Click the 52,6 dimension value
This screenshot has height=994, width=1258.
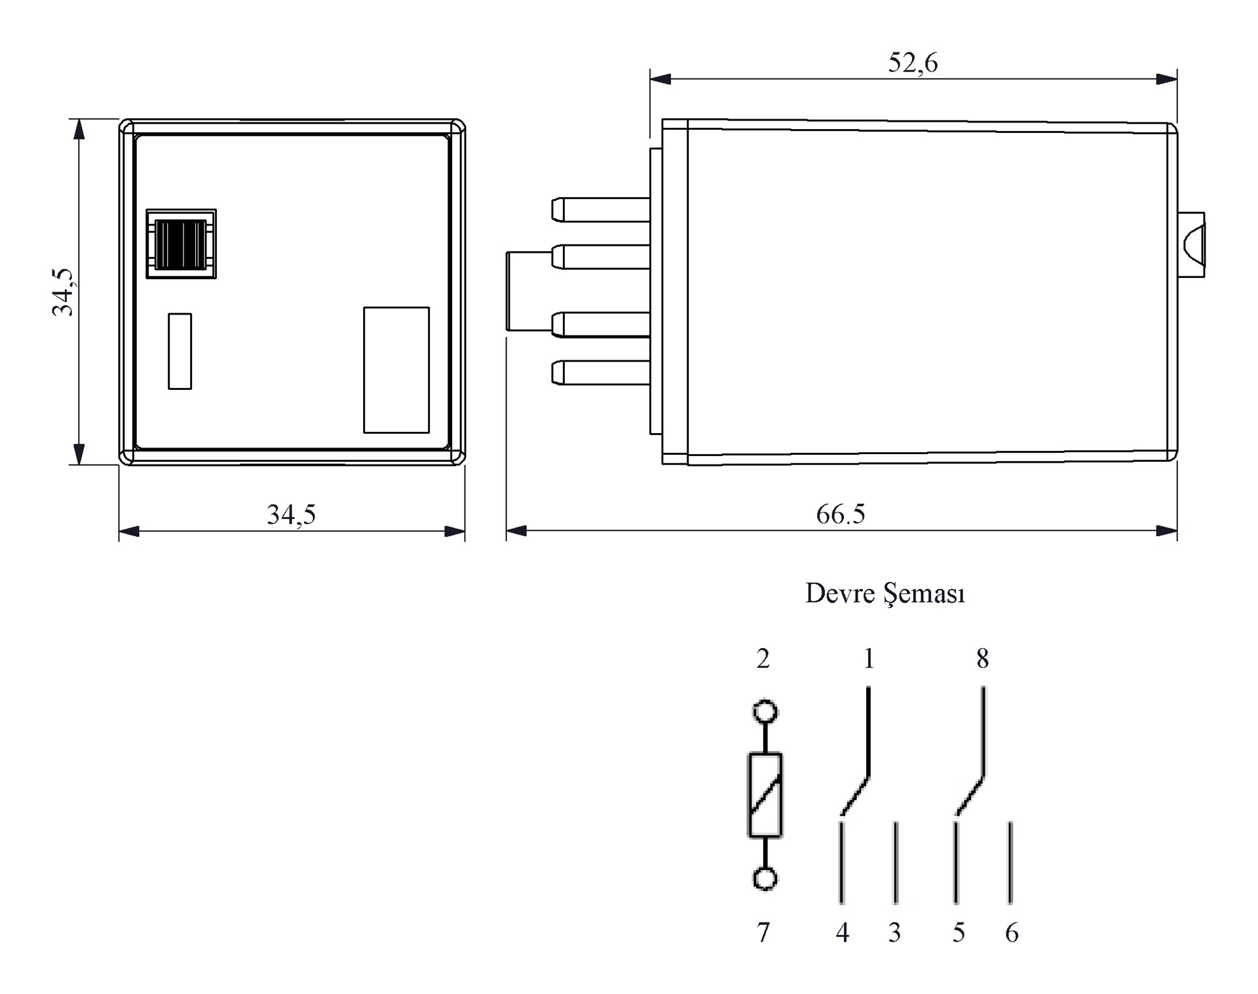coord(913,63)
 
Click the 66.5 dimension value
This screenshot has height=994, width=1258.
coord(840,514)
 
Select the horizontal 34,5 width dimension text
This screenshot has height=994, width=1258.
coord(291,515)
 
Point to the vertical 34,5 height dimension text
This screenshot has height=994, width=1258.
coord(64,292)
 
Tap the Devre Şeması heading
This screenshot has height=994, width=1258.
coord(885,594)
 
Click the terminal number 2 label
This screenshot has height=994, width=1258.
coord(763,659)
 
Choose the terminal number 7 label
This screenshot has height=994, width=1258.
coord(763,932)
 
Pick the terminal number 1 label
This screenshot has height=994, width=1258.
coord(869,659)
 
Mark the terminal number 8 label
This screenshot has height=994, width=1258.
coord(982,659)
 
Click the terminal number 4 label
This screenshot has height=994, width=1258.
coord(842,932)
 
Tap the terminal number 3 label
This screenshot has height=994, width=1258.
coord(894,932)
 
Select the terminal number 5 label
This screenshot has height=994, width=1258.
coord(959,932)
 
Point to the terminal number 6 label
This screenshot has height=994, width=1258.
coord(1012,932)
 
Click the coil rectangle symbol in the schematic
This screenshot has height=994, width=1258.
coord(765,795)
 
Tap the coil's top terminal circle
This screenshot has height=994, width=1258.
coord(765,712)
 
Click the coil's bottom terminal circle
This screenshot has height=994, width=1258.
coord(765,879)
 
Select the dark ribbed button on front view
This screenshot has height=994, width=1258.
coord(181,244)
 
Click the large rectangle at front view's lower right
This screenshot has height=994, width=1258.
coord(396,370)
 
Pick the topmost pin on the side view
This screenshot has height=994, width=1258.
coord(600,210)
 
